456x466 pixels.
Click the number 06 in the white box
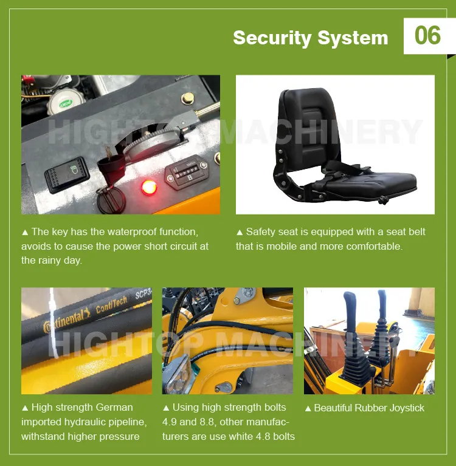[427, 35]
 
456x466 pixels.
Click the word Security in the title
[271, 38]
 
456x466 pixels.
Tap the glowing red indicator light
[147, 187]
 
